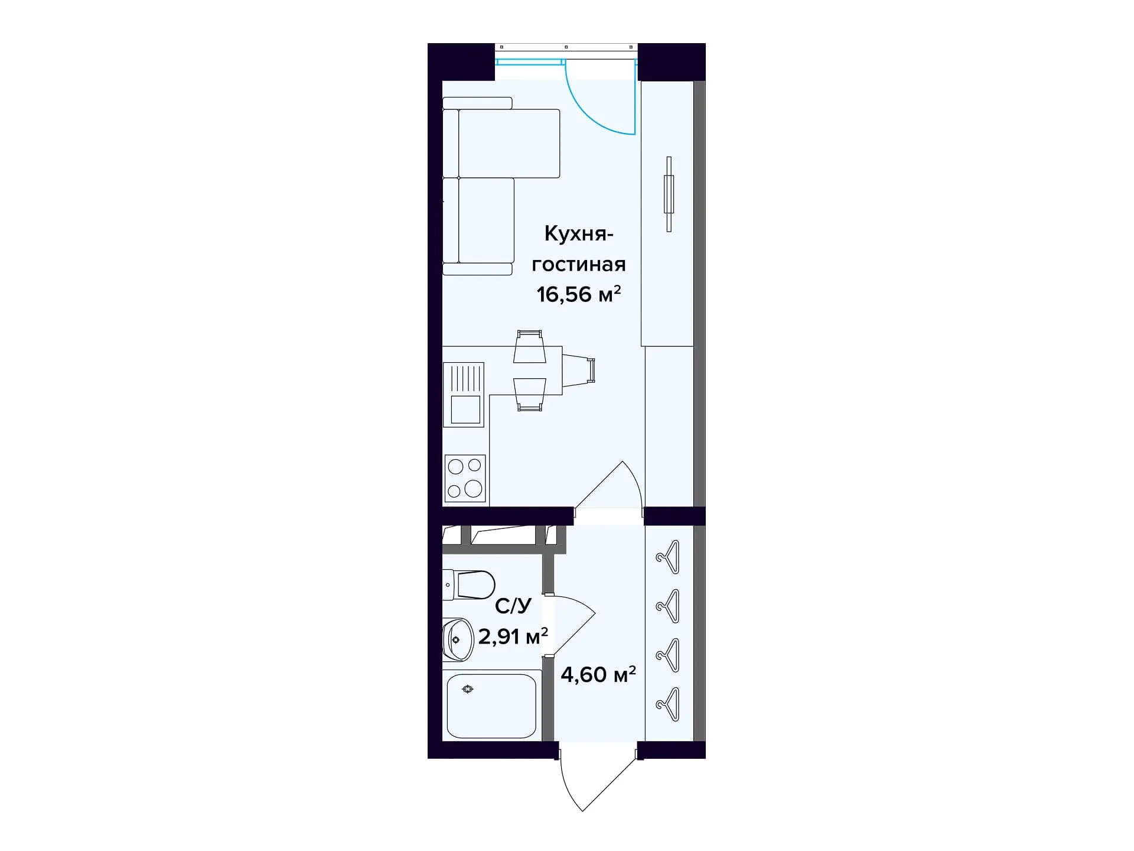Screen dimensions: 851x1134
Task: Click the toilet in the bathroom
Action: [470, 584]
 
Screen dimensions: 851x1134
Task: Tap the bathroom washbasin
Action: [458, 639]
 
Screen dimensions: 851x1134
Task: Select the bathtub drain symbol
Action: [468, 689]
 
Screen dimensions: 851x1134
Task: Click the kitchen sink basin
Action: [465, 410]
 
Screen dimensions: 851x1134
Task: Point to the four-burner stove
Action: [465, 479]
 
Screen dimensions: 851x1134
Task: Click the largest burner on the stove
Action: [473, 488]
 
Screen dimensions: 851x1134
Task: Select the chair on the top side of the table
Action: [529, 346]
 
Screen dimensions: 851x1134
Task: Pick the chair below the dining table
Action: [529, 394]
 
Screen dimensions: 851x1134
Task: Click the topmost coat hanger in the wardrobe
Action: [669, 557]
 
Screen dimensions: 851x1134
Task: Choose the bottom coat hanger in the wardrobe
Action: [669, 704]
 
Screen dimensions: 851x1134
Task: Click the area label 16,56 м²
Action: [578, 294]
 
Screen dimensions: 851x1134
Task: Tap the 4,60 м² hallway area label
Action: [598, 674]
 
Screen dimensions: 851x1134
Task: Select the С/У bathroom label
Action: [513, 606]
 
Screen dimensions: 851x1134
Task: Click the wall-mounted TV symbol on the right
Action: [669, 194]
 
